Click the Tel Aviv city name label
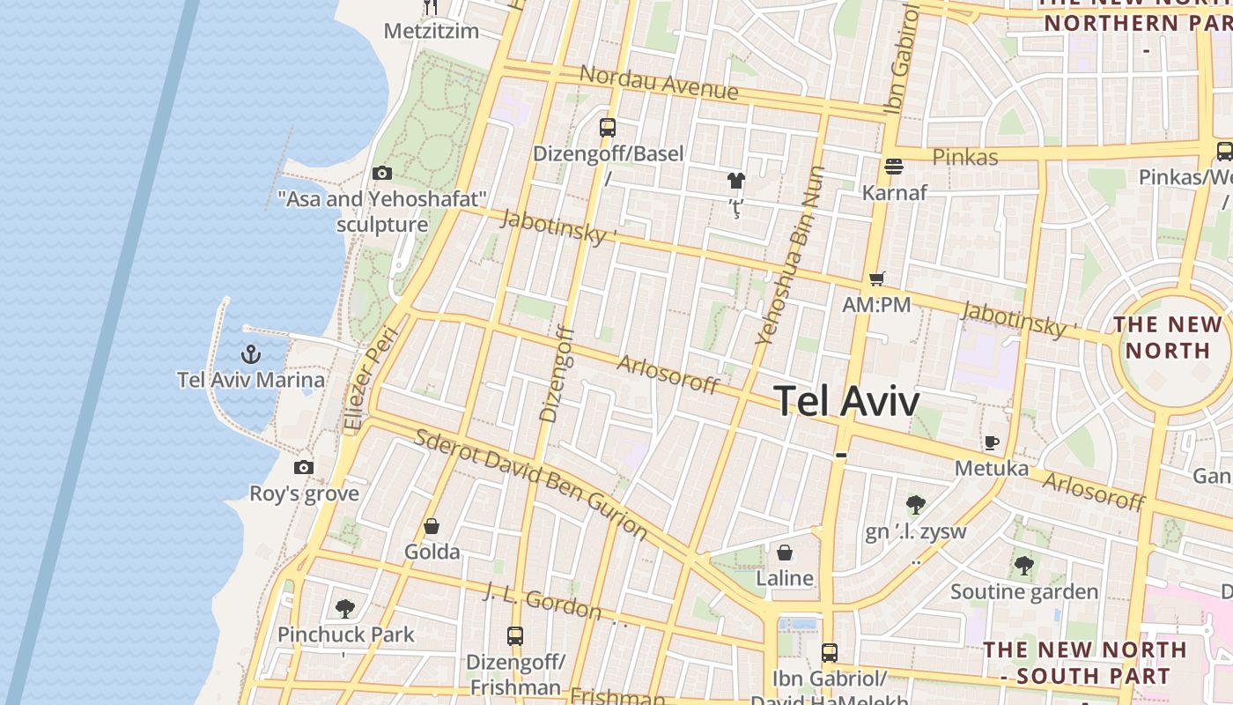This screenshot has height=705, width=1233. pyautogui.click(x=846, y=401)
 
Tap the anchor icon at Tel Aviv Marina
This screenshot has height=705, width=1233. pyautogui.click(x=252, y=355)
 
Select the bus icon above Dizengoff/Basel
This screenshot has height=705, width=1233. pyautogui.click(x=608, y=127)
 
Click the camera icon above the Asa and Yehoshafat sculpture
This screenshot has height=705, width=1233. pyautogui.click(x=382, y=173)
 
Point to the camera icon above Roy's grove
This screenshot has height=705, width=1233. pyautogui.click(x=304, y=467)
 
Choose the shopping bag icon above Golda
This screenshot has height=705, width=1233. pyautogui.click(x=432, y=526)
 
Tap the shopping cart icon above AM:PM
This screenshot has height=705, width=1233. pyautogui.click(x=876, y=278)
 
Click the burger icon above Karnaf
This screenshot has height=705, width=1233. pyautogui.click(x=894, y=166)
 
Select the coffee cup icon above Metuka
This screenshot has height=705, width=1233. pyautogui.click(x=992, y=442)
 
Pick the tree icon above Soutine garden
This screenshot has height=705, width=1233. pyautogui.click(x=1023, y=565)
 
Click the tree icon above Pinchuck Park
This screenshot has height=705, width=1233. pyautogui.click(x=345, y=608)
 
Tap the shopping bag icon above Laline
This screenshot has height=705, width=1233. pyautogui.click(x=784, y=553)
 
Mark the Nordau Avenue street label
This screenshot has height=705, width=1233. pyautogui.click(x=658, y=81)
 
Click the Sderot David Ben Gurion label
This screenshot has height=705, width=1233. pyautogui.click(x=531, y=484)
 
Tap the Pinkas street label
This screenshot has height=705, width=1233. pyautogui.click(x=964, y=157)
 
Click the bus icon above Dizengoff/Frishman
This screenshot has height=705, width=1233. pyautogui.click(x=515, y=635)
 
